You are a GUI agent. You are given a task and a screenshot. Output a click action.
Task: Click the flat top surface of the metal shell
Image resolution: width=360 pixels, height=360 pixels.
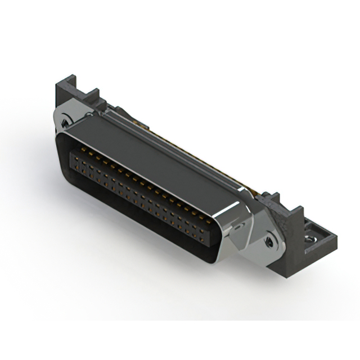tap(152, 152)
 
